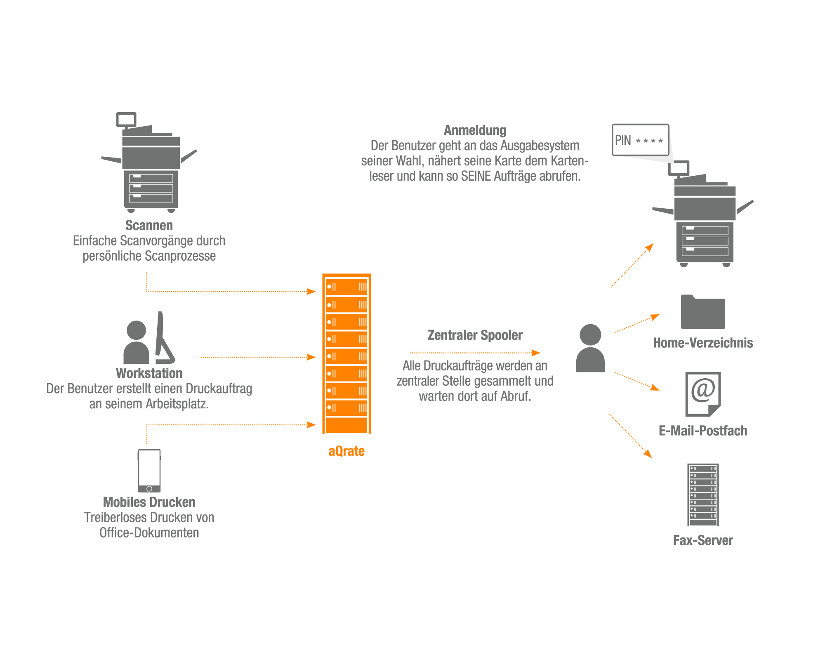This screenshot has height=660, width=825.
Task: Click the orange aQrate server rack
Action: click(346, 354)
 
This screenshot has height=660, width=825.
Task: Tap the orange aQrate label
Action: click(346, 451)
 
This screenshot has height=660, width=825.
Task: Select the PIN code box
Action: click(640, 140)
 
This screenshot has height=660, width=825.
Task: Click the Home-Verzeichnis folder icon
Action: click(703, 313)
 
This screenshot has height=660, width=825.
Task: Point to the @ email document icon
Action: click(703, 394)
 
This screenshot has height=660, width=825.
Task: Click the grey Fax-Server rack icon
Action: click(703, 494)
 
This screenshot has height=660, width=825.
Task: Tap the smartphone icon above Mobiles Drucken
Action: click(149, 470)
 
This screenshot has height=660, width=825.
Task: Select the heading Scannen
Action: click(149, 226)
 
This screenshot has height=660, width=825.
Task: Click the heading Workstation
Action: click(149, 373)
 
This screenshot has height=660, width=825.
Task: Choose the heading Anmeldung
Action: click(475, 130)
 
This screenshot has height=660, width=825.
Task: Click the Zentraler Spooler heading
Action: click(475, 335)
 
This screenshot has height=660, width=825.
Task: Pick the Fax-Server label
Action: click(703, 540)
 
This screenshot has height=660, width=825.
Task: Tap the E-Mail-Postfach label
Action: click(703, 431)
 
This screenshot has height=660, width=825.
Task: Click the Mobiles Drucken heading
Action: click(149, 502)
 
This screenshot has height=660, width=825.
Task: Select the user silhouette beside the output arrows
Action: click(590, 349)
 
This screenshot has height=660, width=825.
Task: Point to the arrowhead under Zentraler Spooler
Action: click(536, 353)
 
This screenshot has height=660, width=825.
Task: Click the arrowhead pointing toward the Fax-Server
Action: click(648, 454)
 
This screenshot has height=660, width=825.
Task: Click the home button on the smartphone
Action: click(149, 488)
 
